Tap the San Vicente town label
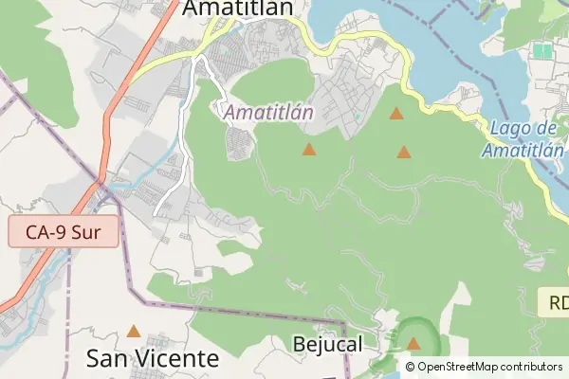point(153,359)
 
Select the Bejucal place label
point(329,343)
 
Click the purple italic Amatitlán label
point(269,113)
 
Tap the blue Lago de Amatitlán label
point(523,139)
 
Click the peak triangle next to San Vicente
point(134,332)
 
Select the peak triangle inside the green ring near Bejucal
point(413,343)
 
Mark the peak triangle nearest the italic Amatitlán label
point(309,149)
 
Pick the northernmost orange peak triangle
point(396,115)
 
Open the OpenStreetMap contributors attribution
point(484,367)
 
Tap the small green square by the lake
point(542,50)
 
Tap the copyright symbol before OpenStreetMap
point(410,367)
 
